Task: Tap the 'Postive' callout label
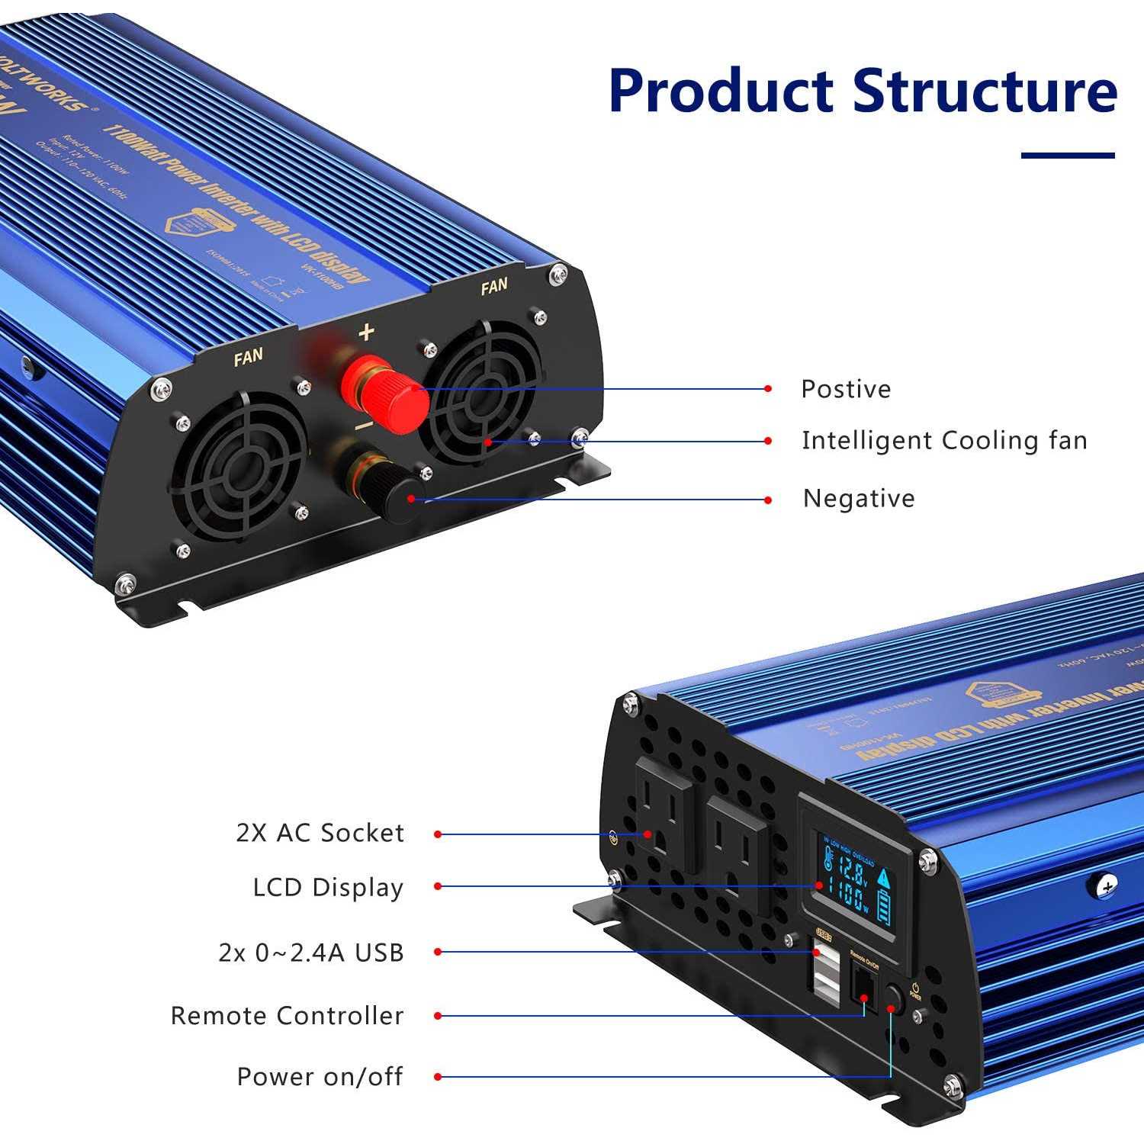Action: [x=845, y=389]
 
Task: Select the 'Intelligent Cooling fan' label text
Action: [x=944, y=440]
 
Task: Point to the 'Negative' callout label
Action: [x=859, y=498]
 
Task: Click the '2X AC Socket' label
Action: [x=320, y=833]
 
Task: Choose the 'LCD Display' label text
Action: [x=328, y=888]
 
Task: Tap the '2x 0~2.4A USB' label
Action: [x=311, y=953]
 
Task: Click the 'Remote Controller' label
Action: [x=287, y=1016]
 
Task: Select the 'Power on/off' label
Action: [x=320, y=1077]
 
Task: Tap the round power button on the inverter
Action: [x=893, y=998]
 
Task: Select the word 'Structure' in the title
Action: [x=985, y=92]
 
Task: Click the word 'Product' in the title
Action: [x=721, y=92]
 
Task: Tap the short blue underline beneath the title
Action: [x=1068, y=156]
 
